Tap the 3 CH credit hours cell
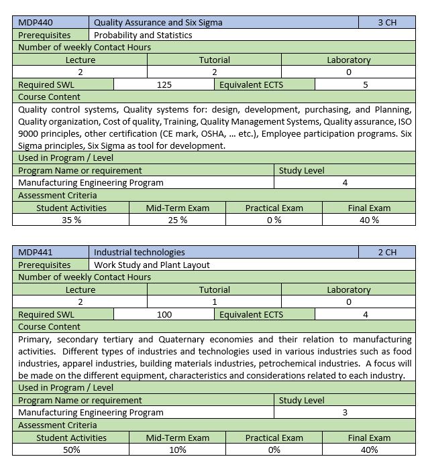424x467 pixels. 387,22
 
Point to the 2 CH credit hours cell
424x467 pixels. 387,252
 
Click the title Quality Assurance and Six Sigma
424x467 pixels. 158,22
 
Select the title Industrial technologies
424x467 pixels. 140,252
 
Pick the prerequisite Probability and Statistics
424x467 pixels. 143,35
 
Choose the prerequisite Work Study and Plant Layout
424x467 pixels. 152,265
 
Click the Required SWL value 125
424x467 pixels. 164,85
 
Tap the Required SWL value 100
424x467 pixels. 164,314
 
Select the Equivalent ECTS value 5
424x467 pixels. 366,85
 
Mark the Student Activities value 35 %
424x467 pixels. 71,220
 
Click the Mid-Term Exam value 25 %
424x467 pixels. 177,220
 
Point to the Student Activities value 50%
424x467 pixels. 71,450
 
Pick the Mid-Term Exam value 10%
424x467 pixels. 177,450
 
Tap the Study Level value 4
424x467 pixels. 345,182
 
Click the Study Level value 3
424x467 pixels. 345,412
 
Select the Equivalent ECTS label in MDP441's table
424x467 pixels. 251,314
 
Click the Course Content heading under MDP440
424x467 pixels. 49,97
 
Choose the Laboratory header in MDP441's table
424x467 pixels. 348,289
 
